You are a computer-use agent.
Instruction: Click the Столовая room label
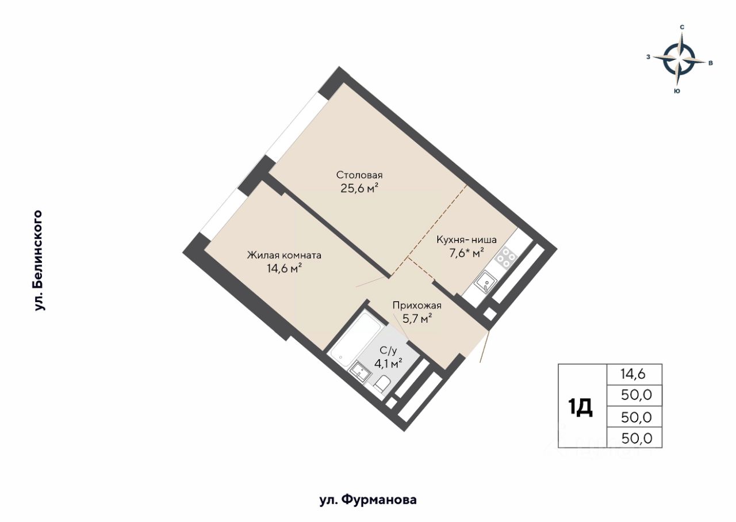359,175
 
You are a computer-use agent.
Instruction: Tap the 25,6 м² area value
359,188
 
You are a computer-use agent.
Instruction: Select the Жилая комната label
284,255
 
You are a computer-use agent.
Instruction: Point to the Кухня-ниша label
466,240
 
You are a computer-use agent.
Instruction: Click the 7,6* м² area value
466,253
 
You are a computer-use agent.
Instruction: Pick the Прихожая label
417,306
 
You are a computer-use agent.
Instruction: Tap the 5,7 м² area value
417,318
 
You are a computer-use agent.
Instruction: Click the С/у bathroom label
388,351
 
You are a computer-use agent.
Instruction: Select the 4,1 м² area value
389,364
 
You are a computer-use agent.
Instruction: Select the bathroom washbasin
360,372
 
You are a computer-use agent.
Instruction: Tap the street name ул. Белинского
39,260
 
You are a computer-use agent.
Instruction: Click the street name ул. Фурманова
368,500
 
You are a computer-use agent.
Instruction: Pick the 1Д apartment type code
580,407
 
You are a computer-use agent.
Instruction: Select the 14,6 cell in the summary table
633,374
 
